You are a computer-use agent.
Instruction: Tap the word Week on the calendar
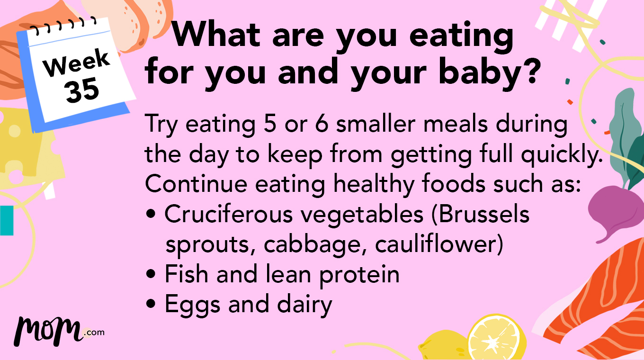76,64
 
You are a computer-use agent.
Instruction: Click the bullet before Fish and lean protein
151,275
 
